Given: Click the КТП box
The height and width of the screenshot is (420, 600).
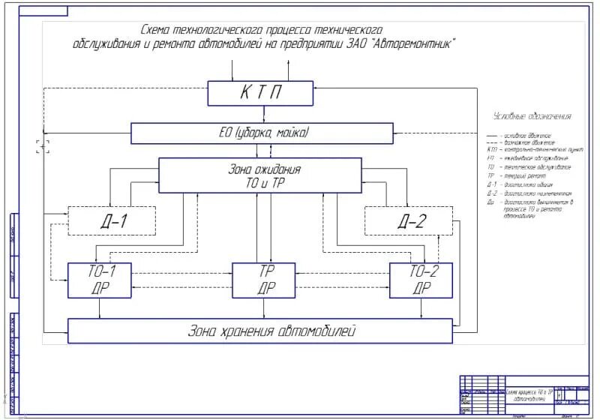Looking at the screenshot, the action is coord(259,94).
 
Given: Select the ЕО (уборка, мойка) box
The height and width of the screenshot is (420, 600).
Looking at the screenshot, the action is coord(262,133).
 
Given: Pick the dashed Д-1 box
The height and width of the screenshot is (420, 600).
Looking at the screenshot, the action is coord(112,220).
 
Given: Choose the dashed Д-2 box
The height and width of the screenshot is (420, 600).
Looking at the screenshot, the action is coord(409,220).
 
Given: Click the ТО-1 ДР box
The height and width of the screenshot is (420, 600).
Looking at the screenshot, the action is coord(99,279).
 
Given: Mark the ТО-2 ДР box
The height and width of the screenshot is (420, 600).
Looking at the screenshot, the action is coord(420,279).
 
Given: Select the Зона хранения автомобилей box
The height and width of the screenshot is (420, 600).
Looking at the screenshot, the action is coord(260,331).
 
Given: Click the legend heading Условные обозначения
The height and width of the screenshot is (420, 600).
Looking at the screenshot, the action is coord(532,116).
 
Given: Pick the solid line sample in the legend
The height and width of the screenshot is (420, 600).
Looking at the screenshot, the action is coord(493,134).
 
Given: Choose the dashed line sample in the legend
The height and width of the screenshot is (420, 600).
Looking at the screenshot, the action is coord(493,142).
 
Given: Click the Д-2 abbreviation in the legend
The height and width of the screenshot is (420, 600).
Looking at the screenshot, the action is coord(492,193).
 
